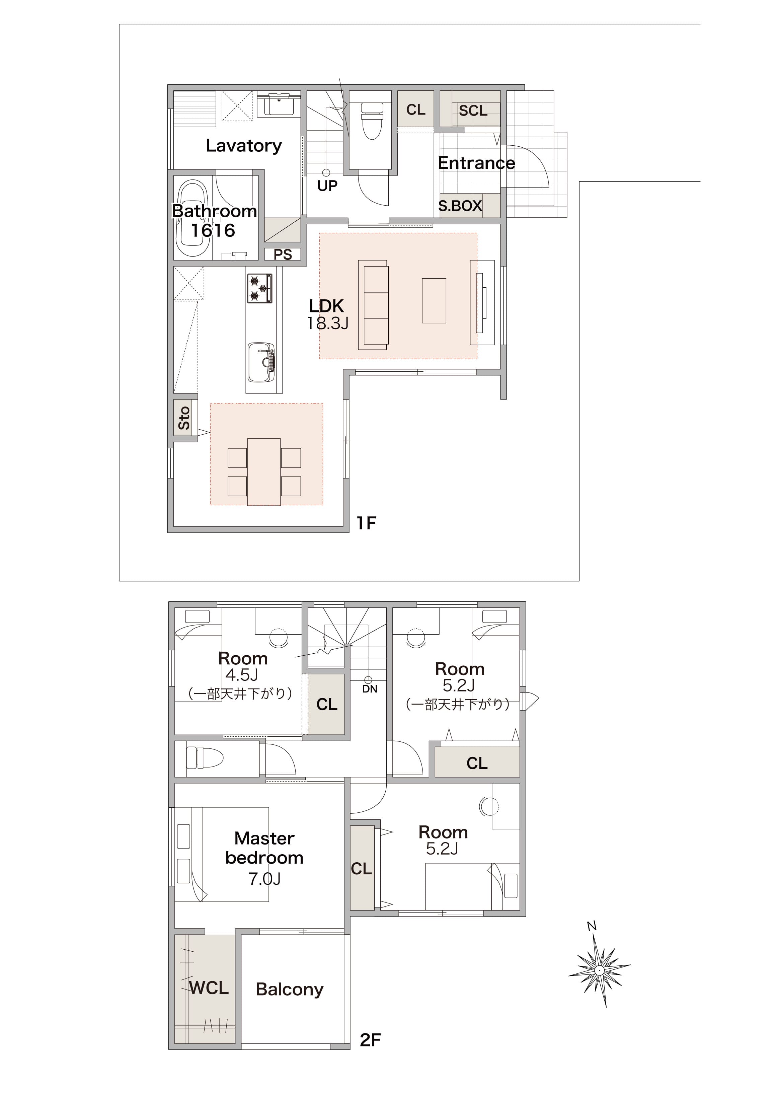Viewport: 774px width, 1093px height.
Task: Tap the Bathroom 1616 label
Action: pyautogui.click(x=214, y=221)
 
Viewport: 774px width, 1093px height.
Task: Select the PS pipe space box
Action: pyautogui.click(x=283, y=254)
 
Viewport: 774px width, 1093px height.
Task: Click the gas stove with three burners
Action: pyautogui.click(x=260, y=288)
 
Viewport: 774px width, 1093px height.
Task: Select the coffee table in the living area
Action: pyautogui.click(x=434, y=301)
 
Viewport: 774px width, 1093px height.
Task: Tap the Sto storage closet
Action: pyautogui.click(x=184, y=418)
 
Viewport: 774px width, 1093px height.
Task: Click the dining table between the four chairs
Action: pyautogui.click(x=264, y=471)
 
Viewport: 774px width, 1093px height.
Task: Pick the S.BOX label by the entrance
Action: pyautogui.click(x=460, y=206)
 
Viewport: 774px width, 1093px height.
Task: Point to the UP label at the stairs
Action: pyautogui.click(x=327, y=186)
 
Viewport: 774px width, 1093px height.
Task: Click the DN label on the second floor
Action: pyautogui.click(x=370, y=689)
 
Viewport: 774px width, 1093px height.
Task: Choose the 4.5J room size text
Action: pyautogui.click(x=242, y=675)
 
